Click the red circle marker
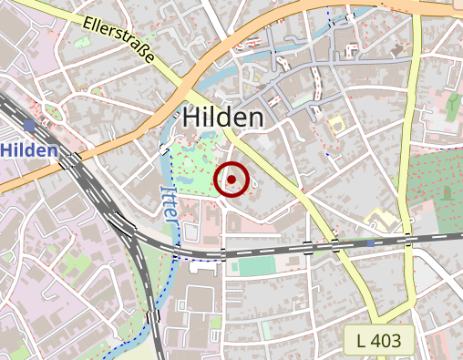pos(231,180)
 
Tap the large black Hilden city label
pos(223,117)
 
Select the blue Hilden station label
pos(29,149)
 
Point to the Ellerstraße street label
pos(118,41)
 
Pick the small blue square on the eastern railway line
pos(371,243)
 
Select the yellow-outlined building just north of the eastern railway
pos(382,221)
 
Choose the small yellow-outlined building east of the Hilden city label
pos(335,123)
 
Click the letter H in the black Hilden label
pos(190,117)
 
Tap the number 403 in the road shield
pos(393,341)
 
